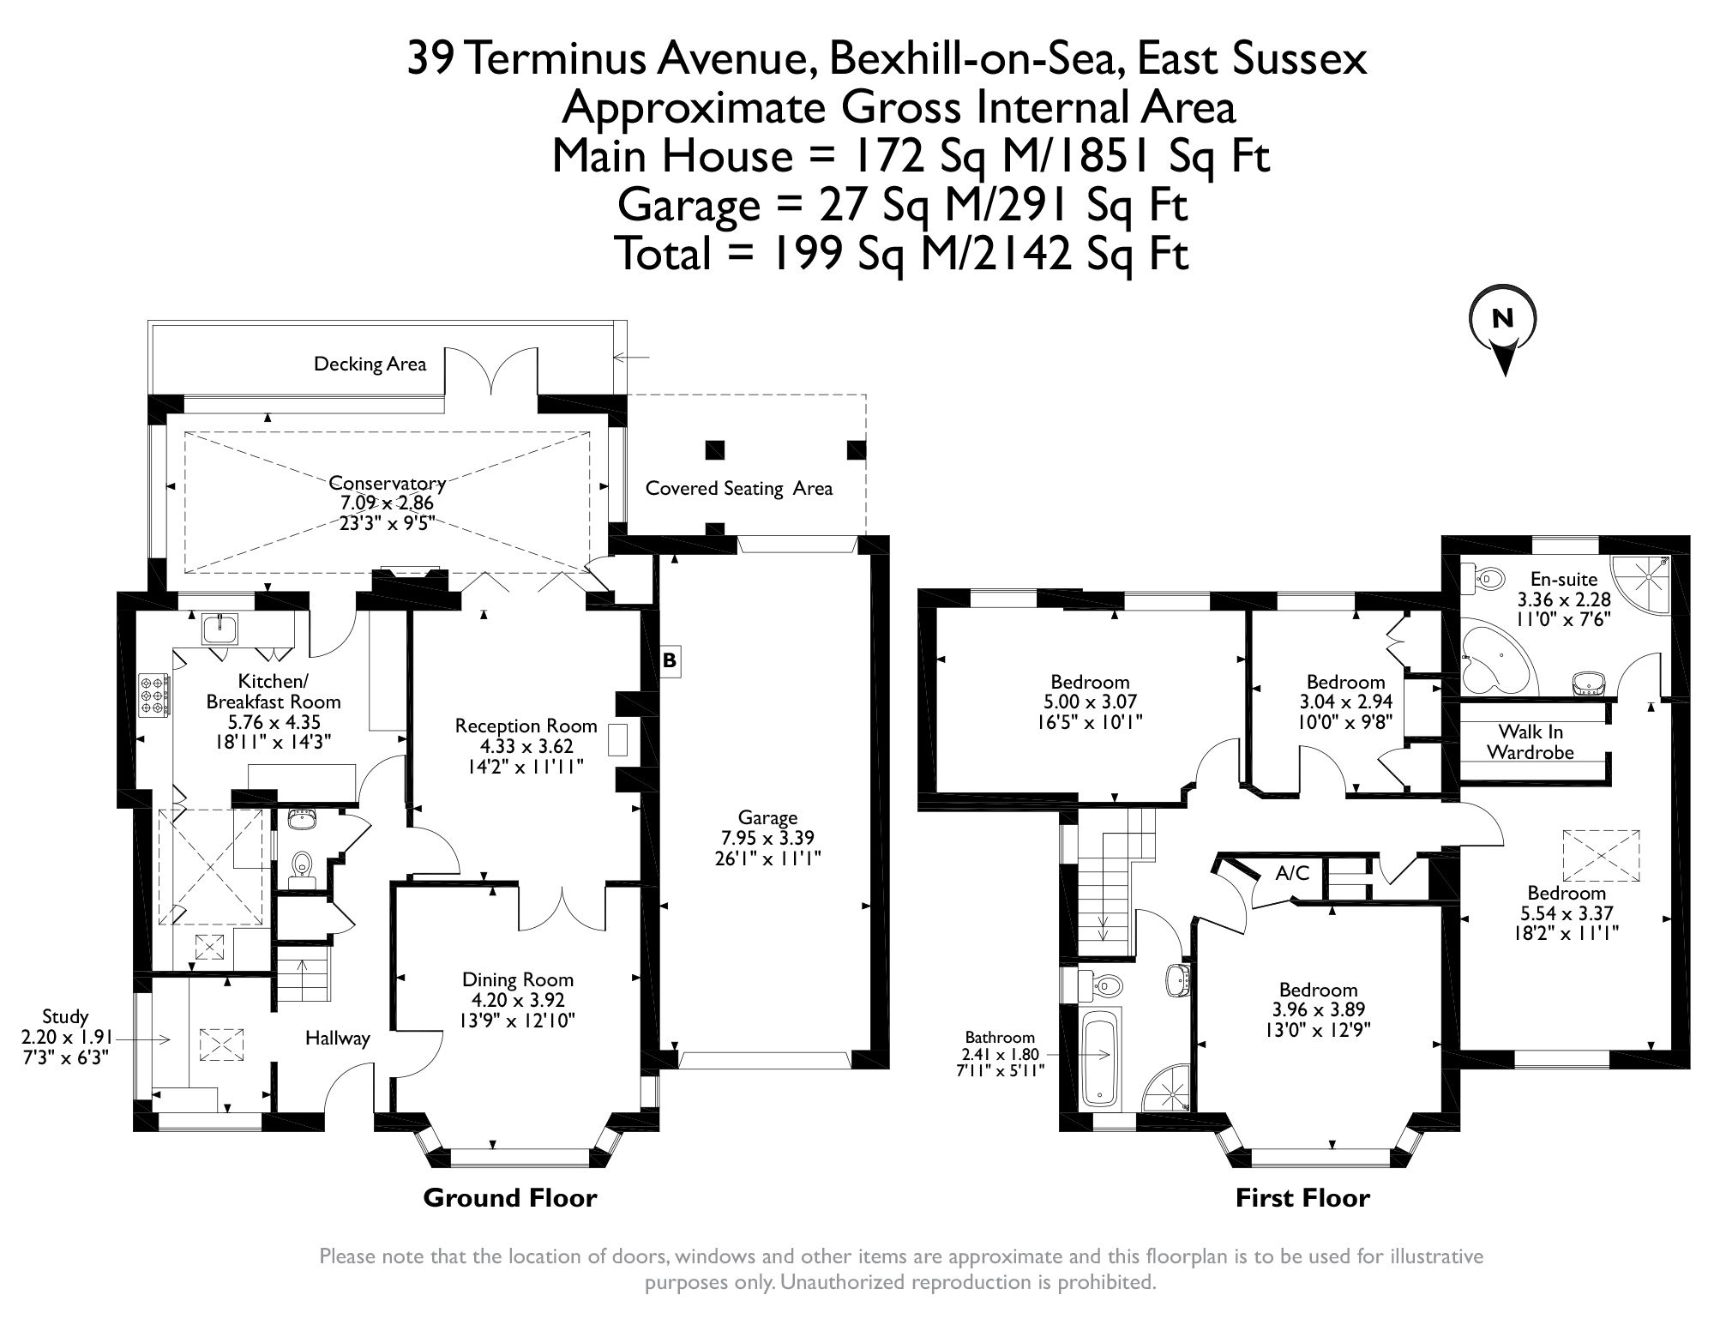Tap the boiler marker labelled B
[x=670, y=660]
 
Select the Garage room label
[x=767, y=817]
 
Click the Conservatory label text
[x=387, y=483]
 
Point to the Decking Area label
[x=370, y=364]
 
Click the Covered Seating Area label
[x=738, y=489]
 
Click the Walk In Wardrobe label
[x=1530, y=742]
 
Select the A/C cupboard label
[x=1291, y=873]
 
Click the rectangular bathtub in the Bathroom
[x=1100, y=1057]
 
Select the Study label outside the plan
[x=65, y=1016]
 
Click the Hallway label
[x=337, y=1039]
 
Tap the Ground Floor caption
[x=509, y=1197]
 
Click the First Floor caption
[x=1302, y=1197]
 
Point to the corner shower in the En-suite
[x=1640, y=586]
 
